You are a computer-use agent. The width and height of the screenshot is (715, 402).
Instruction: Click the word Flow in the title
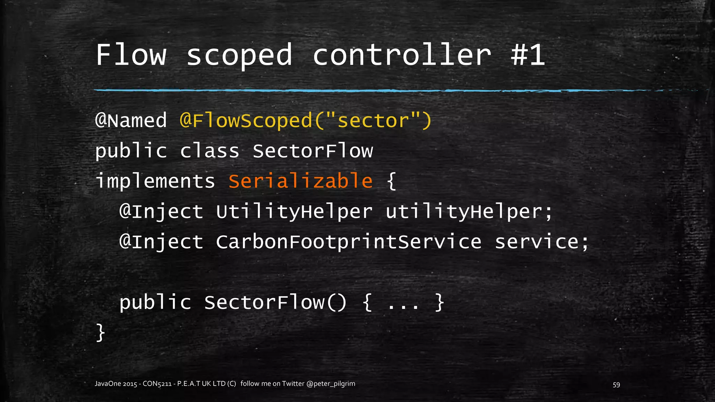(131, 55)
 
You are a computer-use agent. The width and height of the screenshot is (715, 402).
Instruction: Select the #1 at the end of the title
(528, 55)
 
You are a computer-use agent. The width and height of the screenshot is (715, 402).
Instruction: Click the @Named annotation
(131, 120)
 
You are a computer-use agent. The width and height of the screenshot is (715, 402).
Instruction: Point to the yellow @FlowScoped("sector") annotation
(306, 120)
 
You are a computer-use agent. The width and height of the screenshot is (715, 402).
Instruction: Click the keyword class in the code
(209, 151)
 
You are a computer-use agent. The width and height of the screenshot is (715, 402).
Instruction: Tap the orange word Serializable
(301, 181)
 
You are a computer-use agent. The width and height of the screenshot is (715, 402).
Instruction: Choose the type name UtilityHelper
(294, 212)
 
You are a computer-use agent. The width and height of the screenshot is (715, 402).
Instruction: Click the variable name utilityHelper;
(469, 212)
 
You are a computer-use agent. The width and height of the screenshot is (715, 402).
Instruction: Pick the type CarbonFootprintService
(348, 242)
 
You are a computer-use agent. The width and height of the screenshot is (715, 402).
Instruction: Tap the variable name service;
(541, 242)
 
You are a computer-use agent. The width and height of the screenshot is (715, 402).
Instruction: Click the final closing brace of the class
(100, 332)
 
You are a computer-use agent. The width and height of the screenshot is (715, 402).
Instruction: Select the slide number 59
(616, 385)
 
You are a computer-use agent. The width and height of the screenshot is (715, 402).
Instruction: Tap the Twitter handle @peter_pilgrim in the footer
(331, 384)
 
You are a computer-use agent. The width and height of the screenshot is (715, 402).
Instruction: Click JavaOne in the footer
(108, 384)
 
